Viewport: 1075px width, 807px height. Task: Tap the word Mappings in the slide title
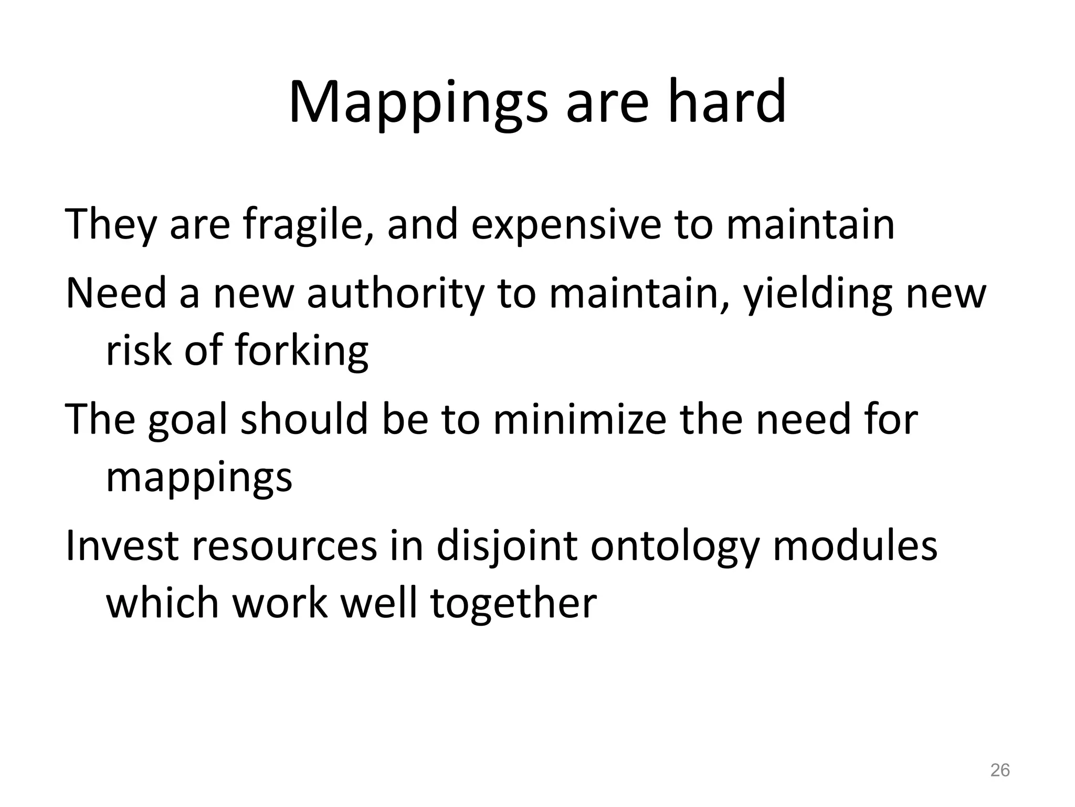point(417,102)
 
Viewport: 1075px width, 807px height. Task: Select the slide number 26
point(999,770)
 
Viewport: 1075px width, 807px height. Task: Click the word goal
point(188,420)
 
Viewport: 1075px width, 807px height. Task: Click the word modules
point(855,546)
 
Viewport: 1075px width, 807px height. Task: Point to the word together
point(513,604)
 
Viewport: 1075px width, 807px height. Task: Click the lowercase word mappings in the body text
point(199,478)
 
